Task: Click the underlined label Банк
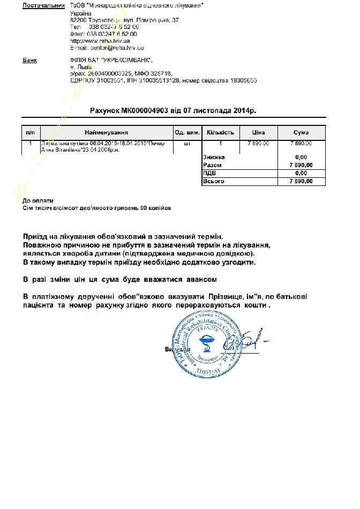(29, 59)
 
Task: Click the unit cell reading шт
(186, 144)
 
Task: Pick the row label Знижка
(214, 157)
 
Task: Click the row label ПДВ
(209, 173)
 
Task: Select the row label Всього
(213, 181)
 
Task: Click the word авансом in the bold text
(201, 280)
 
